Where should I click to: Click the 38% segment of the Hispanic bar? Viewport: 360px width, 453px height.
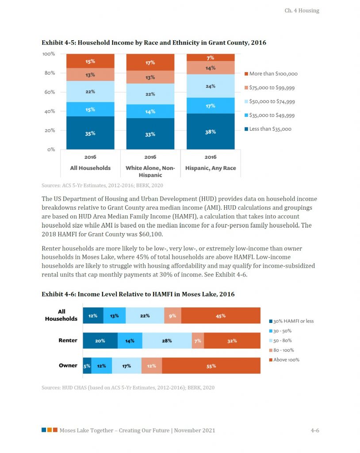click(x=211, y=131)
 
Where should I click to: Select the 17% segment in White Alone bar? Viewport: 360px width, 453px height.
click(x=150, y=63)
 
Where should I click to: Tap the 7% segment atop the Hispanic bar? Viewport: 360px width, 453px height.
click(x=211, y=58)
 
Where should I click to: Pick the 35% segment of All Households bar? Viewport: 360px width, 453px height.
click(x=90, y=133)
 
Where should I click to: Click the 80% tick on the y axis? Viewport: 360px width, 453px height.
click(x=49, y=73)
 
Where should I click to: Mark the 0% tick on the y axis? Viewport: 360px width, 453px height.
click(x=50, y=150)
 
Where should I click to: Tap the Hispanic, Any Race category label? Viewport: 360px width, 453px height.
click(x=211, y=168)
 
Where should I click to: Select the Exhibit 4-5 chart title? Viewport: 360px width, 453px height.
click(x=153, y=42)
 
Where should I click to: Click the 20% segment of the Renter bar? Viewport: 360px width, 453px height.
click(x=100, y=341)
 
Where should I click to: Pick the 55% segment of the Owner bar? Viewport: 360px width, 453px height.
click(x=211, y=366)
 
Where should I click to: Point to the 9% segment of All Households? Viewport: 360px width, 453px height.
click(x=172, y=316)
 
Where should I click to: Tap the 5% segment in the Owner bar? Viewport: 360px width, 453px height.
click(x=87, y=366)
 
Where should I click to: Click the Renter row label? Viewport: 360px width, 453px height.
click(x=68, y=341)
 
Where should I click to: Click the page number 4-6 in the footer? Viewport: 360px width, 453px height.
click(x=315, y=430)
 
